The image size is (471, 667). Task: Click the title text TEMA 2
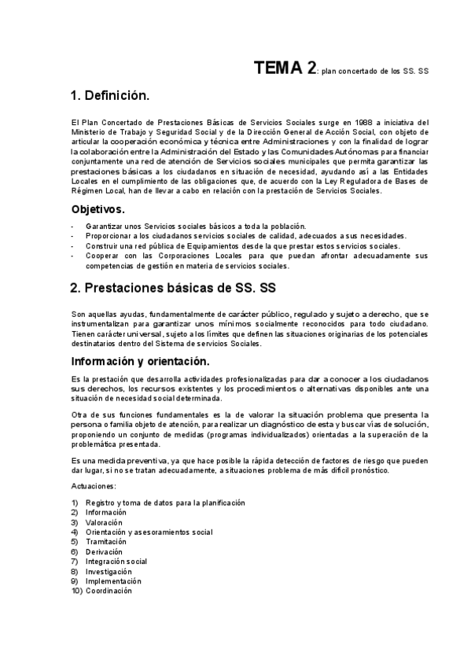(x=285, y=68)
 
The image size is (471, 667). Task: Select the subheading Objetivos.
(x=98, y=210)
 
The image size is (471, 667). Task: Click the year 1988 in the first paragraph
(x=363, y=122)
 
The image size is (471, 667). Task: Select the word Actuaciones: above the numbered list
(x=93, y=486)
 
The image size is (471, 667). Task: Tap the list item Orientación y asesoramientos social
(x=149, y=532)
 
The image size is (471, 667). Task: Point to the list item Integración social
(x=116, y=562)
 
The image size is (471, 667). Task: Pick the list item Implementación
(x=114, y=581)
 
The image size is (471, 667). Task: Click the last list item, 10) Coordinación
(x=109, y=591)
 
